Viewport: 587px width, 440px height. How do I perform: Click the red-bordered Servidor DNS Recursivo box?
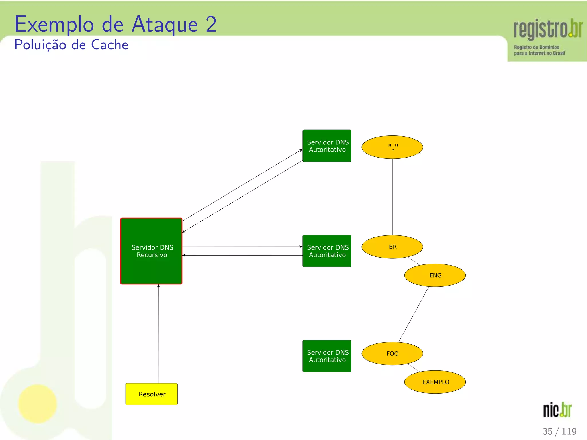coord(151,251)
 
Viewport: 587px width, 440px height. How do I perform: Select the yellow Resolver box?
coord(151,394)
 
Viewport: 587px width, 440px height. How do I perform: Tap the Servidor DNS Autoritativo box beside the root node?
coord(327,146)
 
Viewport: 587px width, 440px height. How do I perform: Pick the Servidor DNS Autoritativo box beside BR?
coord(327,251)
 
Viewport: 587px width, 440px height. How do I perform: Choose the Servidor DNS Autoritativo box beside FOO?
coord(327,356)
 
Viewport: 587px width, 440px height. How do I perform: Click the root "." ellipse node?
coord(392,147)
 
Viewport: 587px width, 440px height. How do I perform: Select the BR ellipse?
coord(392,247)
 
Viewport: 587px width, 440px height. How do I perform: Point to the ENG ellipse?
coord(435,275)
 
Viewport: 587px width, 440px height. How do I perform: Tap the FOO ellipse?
coord(392,353)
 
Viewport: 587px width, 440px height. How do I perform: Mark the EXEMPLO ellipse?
coord(435,382)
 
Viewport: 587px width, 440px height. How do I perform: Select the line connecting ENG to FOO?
coord(414,314)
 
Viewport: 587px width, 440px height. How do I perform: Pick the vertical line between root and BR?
coord(392,197)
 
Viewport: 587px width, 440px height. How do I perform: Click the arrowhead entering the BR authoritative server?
coord(301,247)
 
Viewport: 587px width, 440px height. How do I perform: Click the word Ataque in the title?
coord(165,25)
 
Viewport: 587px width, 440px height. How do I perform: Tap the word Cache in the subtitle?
coord(109,45)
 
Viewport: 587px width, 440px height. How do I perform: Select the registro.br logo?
coord(547,36)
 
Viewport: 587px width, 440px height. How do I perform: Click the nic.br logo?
coord(557,410)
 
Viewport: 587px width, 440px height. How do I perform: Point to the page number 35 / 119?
coord(559,431)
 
